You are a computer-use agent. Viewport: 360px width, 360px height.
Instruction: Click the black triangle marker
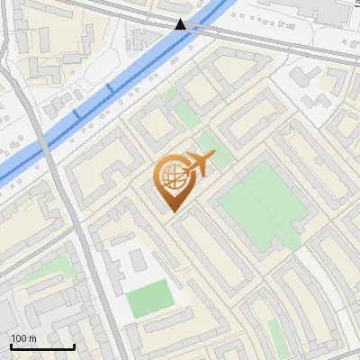pyautogui.click(x=181, y=24)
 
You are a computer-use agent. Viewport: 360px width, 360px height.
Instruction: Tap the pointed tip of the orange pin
pyautogui.click(x=171, y=211)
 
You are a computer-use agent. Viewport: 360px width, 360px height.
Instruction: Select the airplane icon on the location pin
pyautogui.click(x=197, y=164)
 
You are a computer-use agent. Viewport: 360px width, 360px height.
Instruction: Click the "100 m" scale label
pyautogui.click(x=23, y=338)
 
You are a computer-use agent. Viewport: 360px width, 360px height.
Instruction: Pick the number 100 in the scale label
pyautogui.click(x=19, y=338)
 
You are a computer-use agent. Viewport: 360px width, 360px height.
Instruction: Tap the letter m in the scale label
pyautogui.click(x=32, y=338)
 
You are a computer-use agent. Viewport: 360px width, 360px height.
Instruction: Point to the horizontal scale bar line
pyautogui.click(x=42, y=346)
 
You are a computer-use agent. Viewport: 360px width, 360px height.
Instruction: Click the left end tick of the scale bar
pyautogui.click(x=11, y=346)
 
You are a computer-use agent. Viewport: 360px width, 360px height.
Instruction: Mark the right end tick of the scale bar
pyautogui.click(x=74, y=346)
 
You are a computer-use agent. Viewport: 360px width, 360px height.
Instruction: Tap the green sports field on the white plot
pyautogui.click(x=148, y=298)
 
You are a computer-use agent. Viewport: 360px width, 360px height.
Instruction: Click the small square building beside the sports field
pyautogui.click(x=138, y=262)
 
